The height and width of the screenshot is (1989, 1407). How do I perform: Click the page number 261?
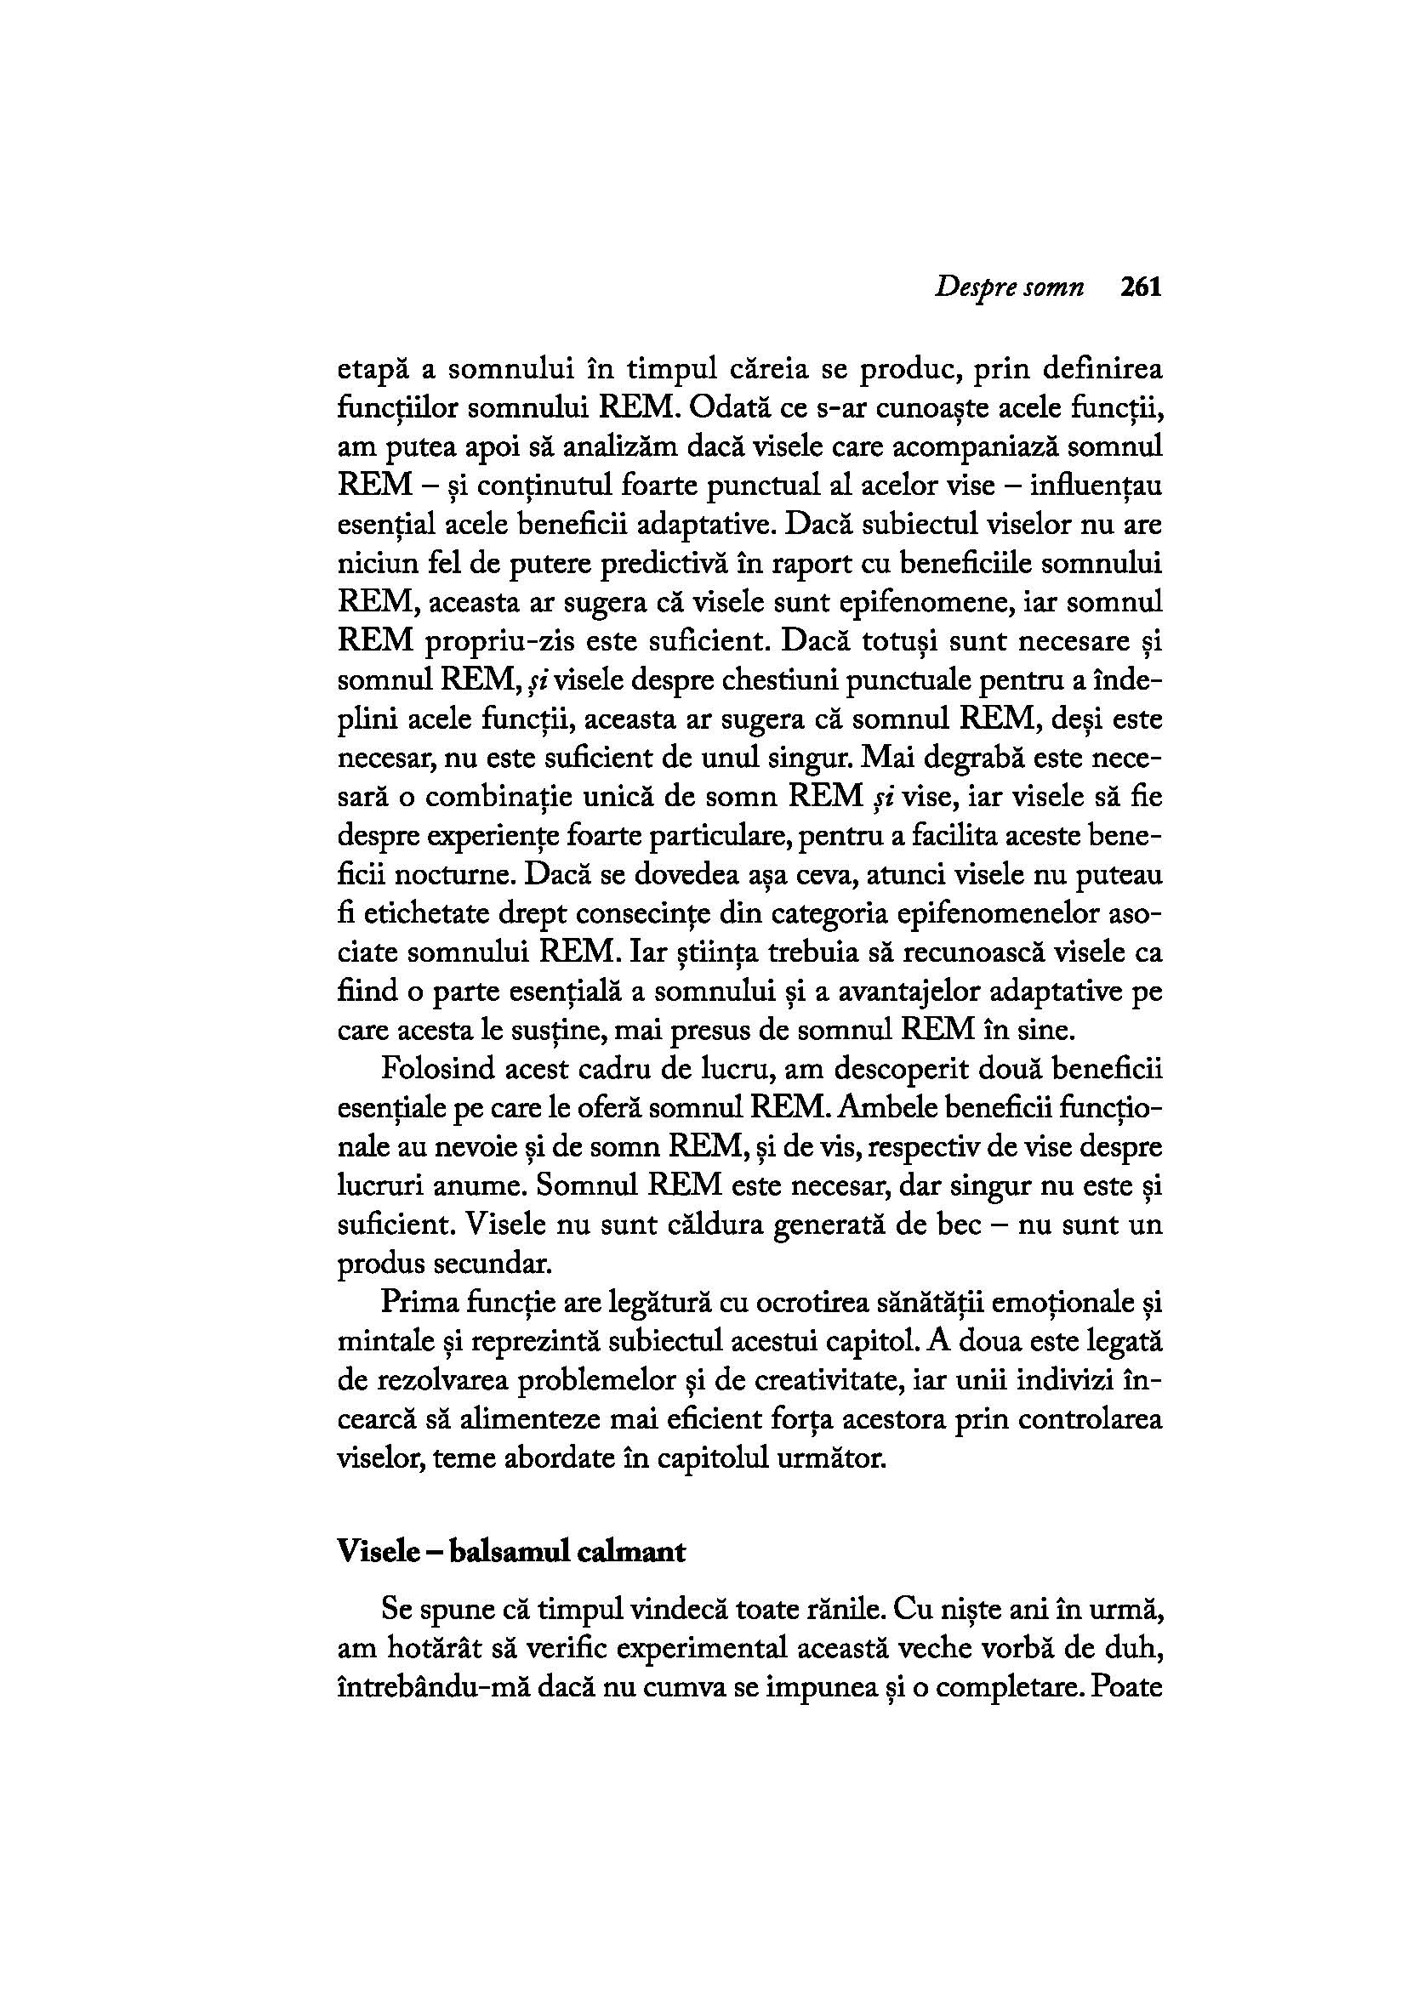[x=1139, y=287]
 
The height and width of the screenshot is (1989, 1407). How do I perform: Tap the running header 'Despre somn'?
[x=1010, y=288]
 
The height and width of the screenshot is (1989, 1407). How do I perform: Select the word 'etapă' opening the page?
[x=372, y=370]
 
